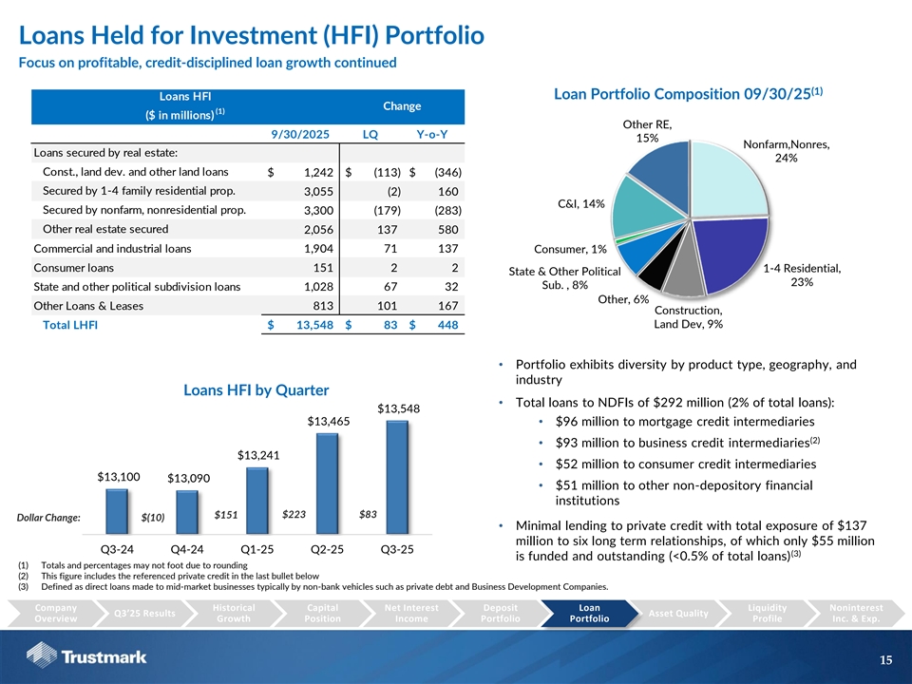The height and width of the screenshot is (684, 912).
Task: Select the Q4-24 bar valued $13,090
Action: click(186, 513)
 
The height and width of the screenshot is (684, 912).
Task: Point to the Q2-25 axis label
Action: click(328, 550)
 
